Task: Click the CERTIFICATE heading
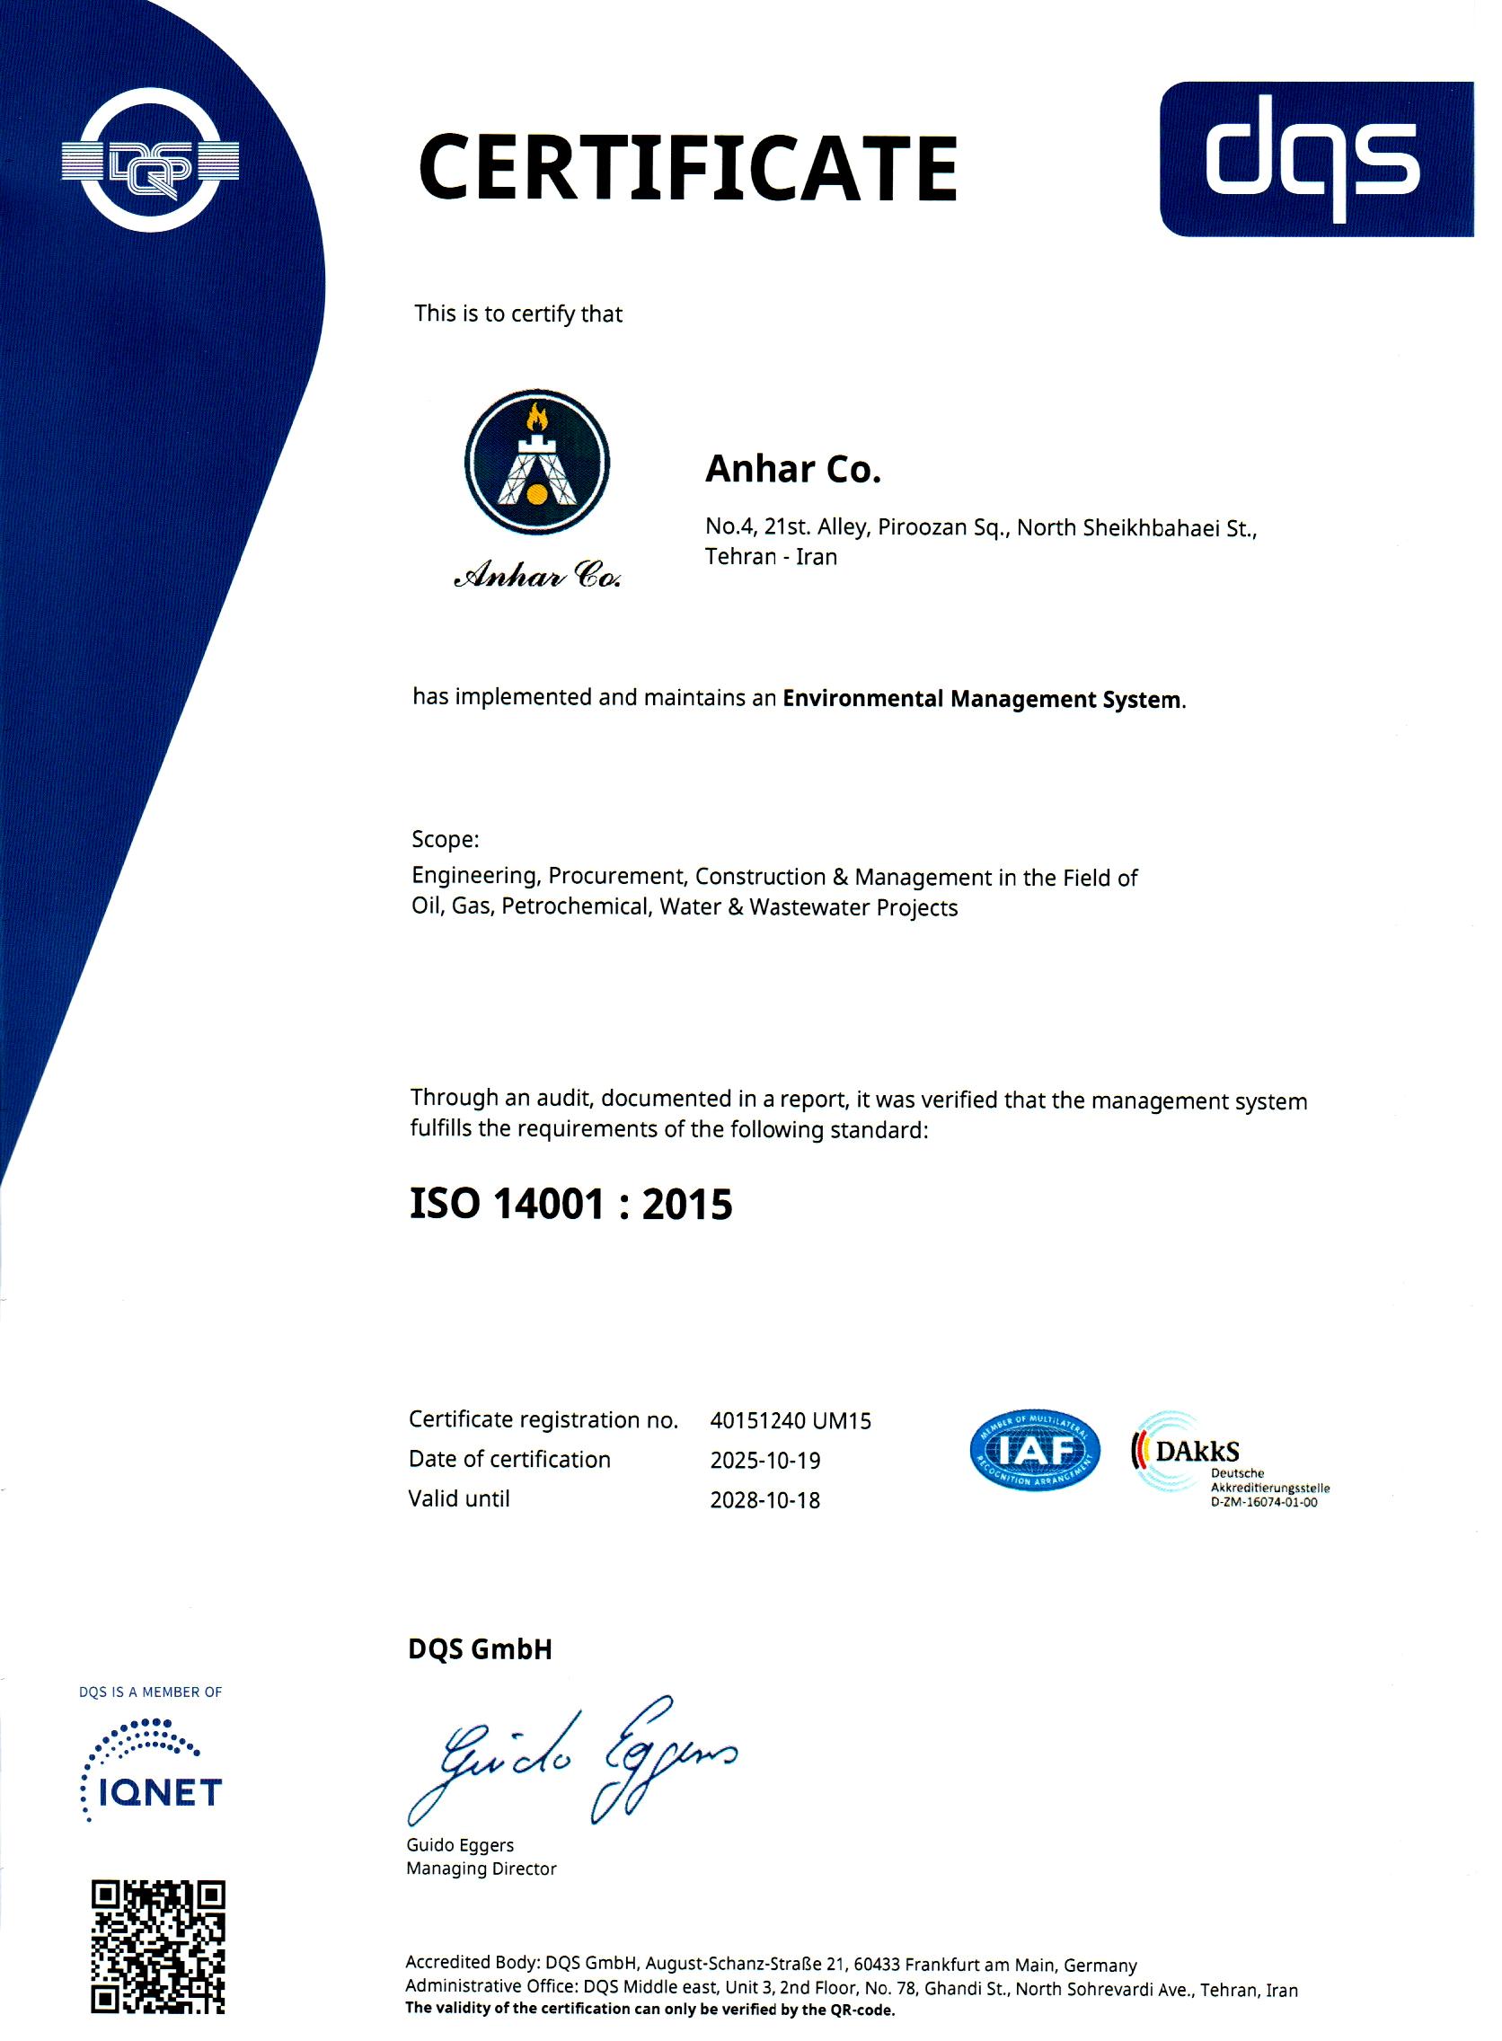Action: click(687, 168)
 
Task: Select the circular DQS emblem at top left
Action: click(150, 163)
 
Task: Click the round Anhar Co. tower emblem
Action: click(537, 461)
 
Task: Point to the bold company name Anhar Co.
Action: click(794, 469)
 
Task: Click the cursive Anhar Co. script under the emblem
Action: click(537, 577)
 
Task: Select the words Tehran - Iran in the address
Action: click(771, 556)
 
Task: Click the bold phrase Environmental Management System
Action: click(983, 699)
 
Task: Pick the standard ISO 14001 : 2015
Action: click(571, 1204)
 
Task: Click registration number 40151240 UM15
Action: click(791, 1420)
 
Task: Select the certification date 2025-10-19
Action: click(764, 1460)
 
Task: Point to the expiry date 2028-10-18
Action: click(764, 1500)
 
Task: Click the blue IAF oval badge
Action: click(1036, 1451)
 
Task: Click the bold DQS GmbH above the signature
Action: click(480, 1649)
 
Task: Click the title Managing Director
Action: click(481, 1869)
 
